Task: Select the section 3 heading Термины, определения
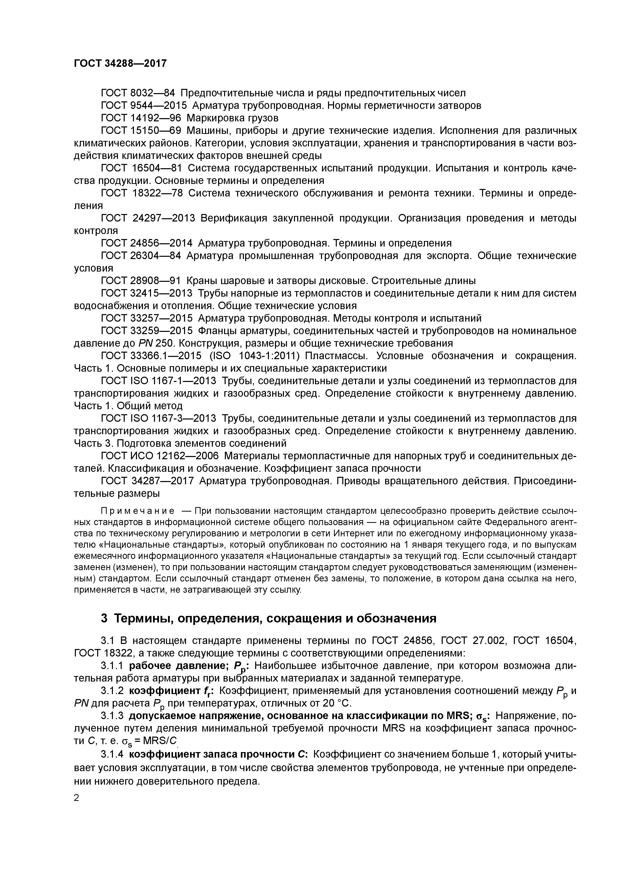coord(268,618)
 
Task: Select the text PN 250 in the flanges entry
coord(153,343)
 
